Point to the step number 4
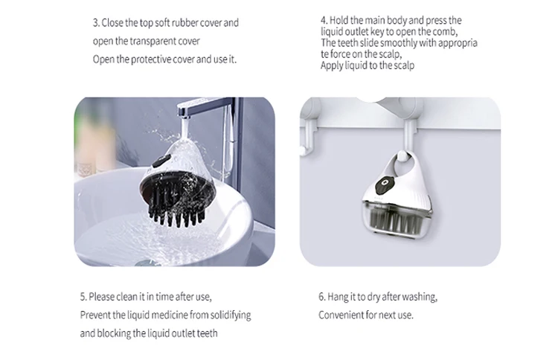pos(323,20)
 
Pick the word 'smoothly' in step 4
pos(394,43)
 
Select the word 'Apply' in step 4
pos(331,65)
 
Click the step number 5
pos(83,296)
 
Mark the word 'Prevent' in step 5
pos(95,315)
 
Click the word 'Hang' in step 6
pos(339,297)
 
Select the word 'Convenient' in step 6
pos(341,315)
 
